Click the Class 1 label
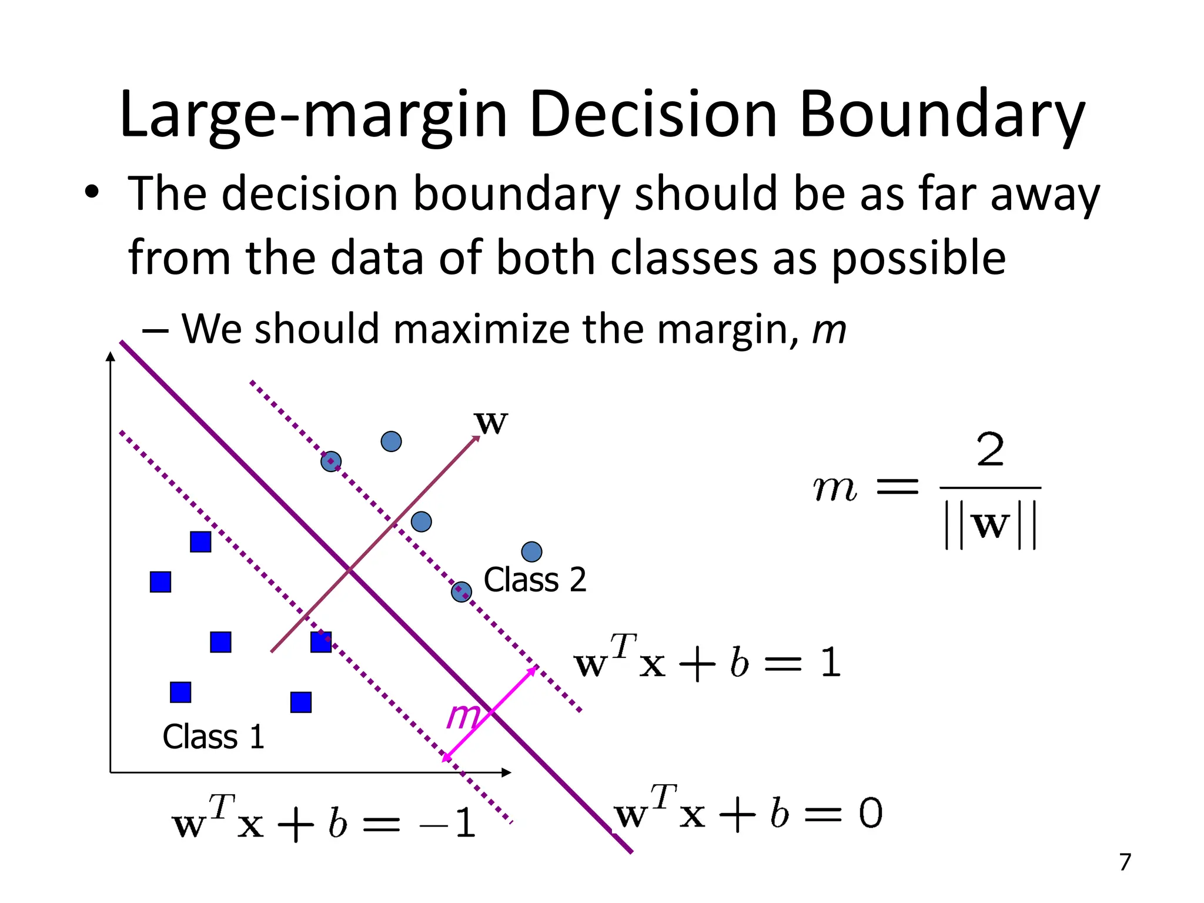point(213,737)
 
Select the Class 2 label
point(534,580)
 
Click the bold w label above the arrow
point(490,422)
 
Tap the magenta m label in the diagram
point(463,715)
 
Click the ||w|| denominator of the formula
point(990,525)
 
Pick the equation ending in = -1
point(323,820)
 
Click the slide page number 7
point(1125,862)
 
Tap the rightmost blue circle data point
point(531,551)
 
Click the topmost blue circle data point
point(391,442)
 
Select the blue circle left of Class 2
point(461,592)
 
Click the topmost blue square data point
point(200,541)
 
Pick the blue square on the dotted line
point(321,642)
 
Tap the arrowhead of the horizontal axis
point(506,772)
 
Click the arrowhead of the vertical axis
point(111,357)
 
